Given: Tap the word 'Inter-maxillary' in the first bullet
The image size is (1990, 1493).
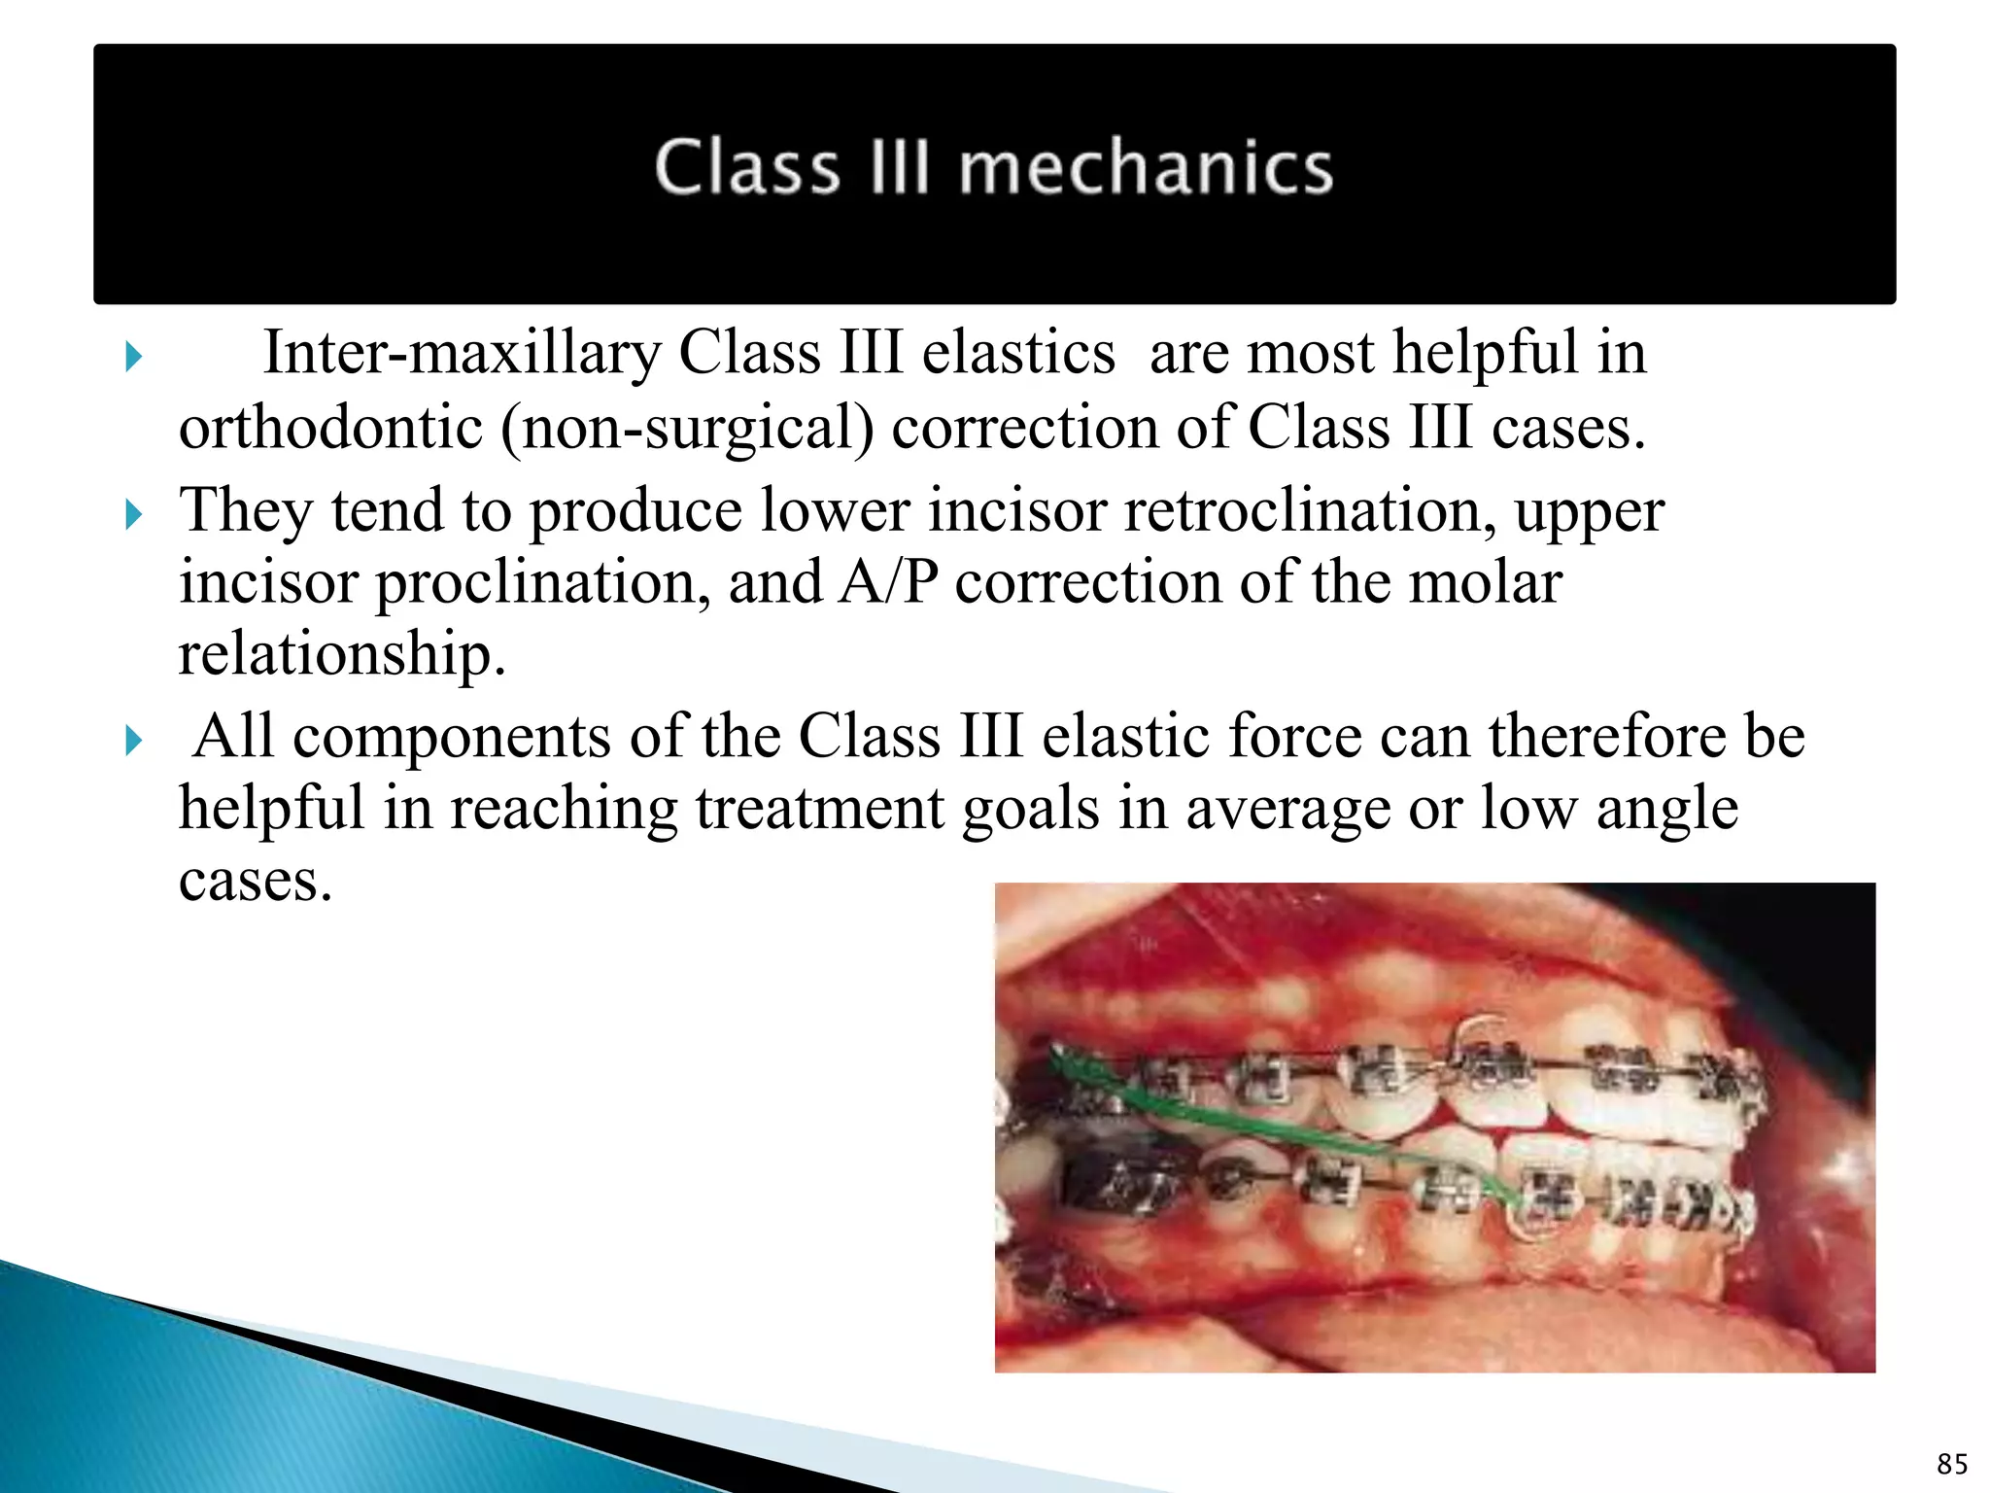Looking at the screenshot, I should [x=462, y=353].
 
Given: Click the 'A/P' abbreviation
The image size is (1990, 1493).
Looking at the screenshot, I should [x=888, y=582].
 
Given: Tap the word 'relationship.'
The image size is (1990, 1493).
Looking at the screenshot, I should [x=342, y=654].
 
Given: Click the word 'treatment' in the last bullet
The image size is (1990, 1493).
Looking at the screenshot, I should [x=819, y=809].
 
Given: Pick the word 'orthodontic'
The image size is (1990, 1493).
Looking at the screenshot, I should [x=330, y=429].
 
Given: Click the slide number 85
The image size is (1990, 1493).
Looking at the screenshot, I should [x=1951, y=1464].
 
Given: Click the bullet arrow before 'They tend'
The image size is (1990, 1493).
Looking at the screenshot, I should [x=134, y=514].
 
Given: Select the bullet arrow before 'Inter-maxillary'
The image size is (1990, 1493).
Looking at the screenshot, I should [x=134, y=358].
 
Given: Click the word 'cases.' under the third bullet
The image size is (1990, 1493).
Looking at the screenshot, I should [x=256, y=882].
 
